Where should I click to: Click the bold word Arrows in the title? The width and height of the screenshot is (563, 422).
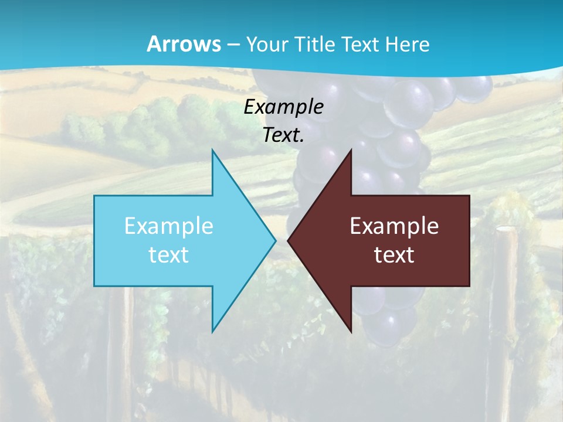(x=184, y=45)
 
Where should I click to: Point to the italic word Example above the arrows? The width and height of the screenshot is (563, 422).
(x=284, y=107)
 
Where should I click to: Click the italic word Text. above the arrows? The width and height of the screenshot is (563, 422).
(x=284, y=135)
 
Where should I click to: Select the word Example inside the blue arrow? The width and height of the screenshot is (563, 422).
(x=169, y=226)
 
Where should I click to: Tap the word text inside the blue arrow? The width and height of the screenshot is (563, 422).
(x=169, y=255)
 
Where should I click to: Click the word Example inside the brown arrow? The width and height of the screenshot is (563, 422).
(x=394, y=226)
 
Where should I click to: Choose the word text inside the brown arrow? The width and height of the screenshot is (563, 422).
(x=394, y=255)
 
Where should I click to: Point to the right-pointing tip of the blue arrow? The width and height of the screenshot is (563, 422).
(x=275, y=240)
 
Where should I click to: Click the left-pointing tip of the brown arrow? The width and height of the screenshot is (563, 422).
(x=288, y=240)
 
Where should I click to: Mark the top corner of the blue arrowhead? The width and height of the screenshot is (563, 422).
(x=212, y=150)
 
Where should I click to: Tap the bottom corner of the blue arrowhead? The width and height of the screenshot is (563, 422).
(x=212, y=332)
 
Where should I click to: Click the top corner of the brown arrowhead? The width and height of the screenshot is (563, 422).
(x=351, y=150)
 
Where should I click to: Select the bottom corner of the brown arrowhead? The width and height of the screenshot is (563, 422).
(x=351, y=332)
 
